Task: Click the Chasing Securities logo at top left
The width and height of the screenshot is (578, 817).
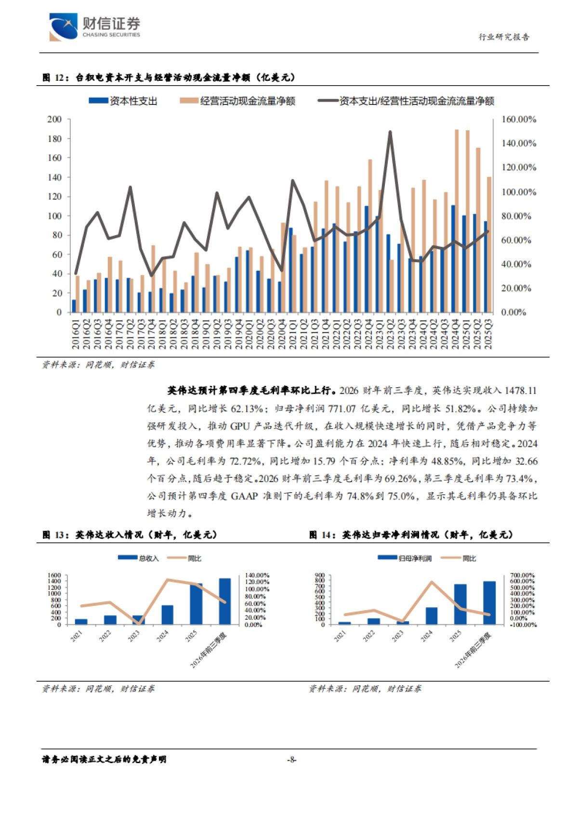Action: pyautogui.click(x=94, y=27)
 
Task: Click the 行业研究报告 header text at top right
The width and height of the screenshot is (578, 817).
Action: pyautogui.click(x=503, y=37)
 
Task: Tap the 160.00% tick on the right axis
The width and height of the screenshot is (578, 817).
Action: pyautogui.click(x=519, y=119)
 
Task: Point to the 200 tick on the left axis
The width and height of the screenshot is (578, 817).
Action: pyautogui.click(x=54, y=119)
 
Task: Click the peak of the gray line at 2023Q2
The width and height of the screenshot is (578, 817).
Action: pyautogui.click(x=390, y=132)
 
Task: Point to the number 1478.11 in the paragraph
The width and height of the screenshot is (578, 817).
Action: pyautogui.click(x=520, y=391)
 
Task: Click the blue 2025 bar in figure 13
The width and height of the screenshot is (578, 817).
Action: pyautogui.click(x=196, y=604)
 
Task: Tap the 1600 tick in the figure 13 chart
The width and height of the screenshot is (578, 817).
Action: pyautogui.click(x=54, y=575)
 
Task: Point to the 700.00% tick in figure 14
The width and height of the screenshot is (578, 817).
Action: pyautogui.click(x=523, y=575)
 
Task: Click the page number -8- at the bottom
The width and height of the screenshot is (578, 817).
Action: pyautogui.click(x=291, y=760)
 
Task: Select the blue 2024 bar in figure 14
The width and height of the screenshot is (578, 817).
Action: pyautogui.click(x=431, y=616)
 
